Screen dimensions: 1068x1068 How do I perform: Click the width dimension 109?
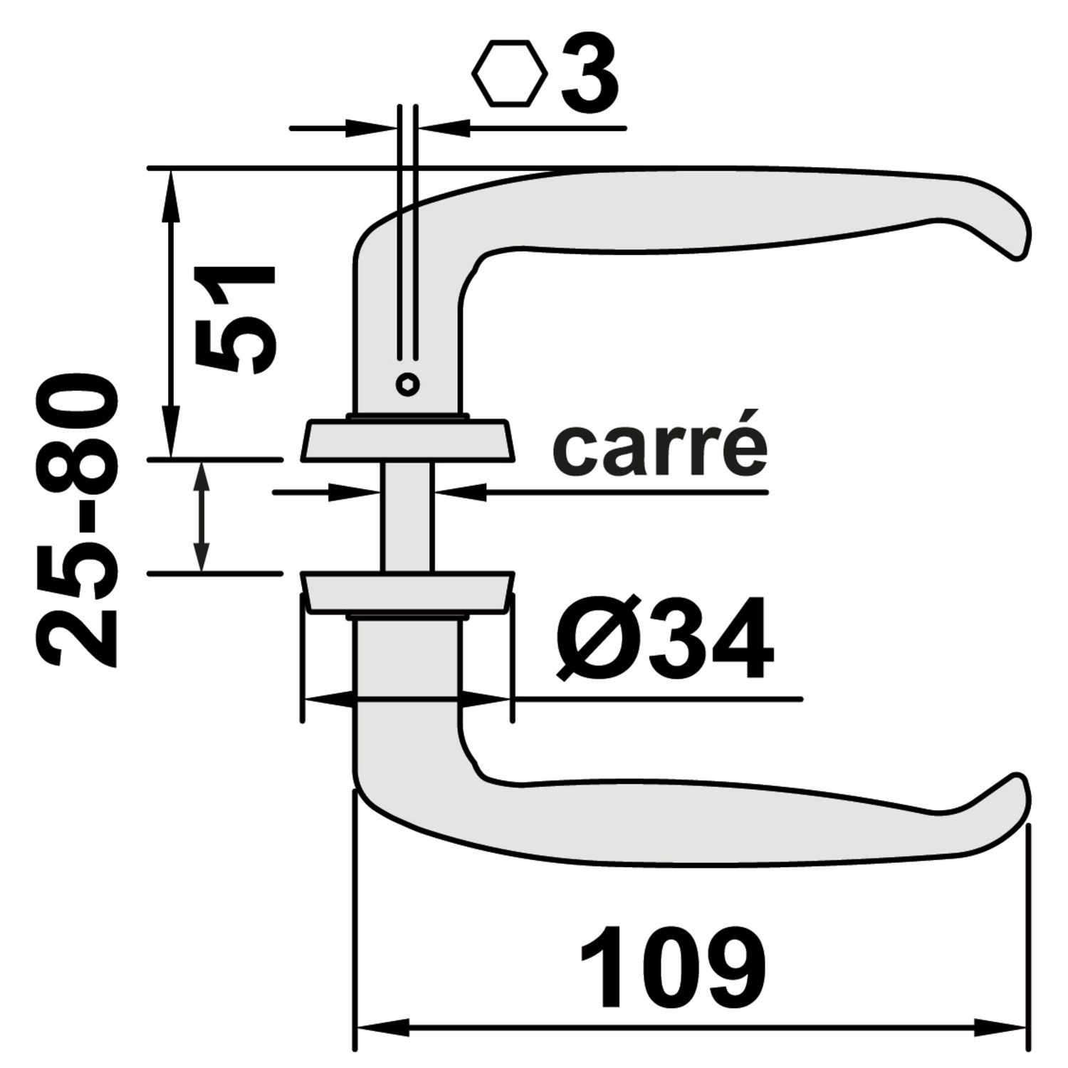[x=673, y=967]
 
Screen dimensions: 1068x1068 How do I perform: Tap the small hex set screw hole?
[x=407, y=384]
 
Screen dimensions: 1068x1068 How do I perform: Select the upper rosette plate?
[x=407, y=441]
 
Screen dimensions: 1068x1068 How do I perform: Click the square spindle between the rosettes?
[x=407, y=516]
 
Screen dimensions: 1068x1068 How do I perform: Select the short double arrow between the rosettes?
[x=202, y=516]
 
